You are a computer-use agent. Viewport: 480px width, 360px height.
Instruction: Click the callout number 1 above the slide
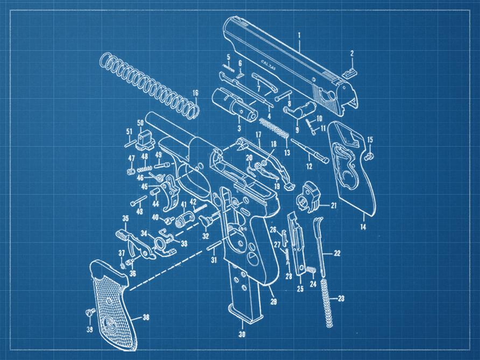tap(299, 36)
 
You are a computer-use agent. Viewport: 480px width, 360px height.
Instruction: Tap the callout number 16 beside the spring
tap(195, 93)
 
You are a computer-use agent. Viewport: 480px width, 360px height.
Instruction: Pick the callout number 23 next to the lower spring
tap(341, 298)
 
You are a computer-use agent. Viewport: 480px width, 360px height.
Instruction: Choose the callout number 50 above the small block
tap(140, 123)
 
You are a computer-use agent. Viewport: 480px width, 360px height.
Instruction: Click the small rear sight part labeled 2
tap(348, 70)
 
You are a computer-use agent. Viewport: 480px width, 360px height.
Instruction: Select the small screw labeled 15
tap(370, 156)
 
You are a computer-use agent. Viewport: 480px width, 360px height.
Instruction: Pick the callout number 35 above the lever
tap(125, 218)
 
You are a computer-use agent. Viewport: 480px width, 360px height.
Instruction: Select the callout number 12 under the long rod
tap(309, 167)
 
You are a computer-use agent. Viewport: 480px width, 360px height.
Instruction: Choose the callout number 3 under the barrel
tap(239, 128)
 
